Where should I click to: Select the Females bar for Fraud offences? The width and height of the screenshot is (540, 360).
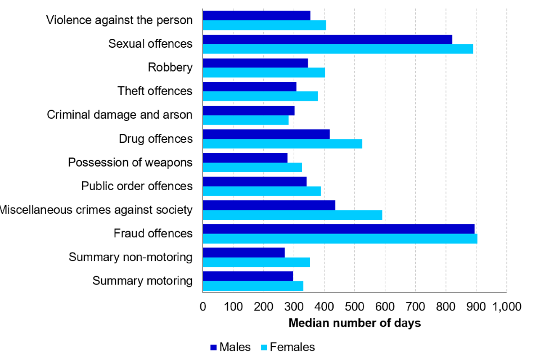click(340, 238)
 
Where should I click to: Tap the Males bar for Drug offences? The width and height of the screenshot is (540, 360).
click(266, 134)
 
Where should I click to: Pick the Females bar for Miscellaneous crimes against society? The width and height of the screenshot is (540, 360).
click(292, 215)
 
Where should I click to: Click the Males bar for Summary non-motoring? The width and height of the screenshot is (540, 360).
click(244, 252)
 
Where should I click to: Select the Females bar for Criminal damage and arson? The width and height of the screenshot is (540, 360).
click(245, 120)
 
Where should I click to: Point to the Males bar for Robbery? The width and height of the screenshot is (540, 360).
click(255, 63)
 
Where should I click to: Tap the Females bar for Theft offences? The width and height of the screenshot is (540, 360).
click(260, 96)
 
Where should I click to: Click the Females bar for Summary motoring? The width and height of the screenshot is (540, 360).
click(253, 286)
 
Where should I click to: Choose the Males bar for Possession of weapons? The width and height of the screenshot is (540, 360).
click(245, 157)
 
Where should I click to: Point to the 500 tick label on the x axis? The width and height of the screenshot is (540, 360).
click(354, 307)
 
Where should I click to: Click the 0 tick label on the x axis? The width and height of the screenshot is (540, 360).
click(203, 307)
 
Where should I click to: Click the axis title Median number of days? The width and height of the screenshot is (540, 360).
click(354, 323)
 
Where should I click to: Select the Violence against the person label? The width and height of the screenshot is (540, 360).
click(119, 20)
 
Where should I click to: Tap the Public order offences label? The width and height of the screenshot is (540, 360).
click(137, 186)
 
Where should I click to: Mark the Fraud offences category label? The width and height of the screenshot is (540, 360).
click(153, 233)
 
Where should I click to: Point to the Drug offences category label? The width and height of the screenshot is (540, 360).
click(156, 138)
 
